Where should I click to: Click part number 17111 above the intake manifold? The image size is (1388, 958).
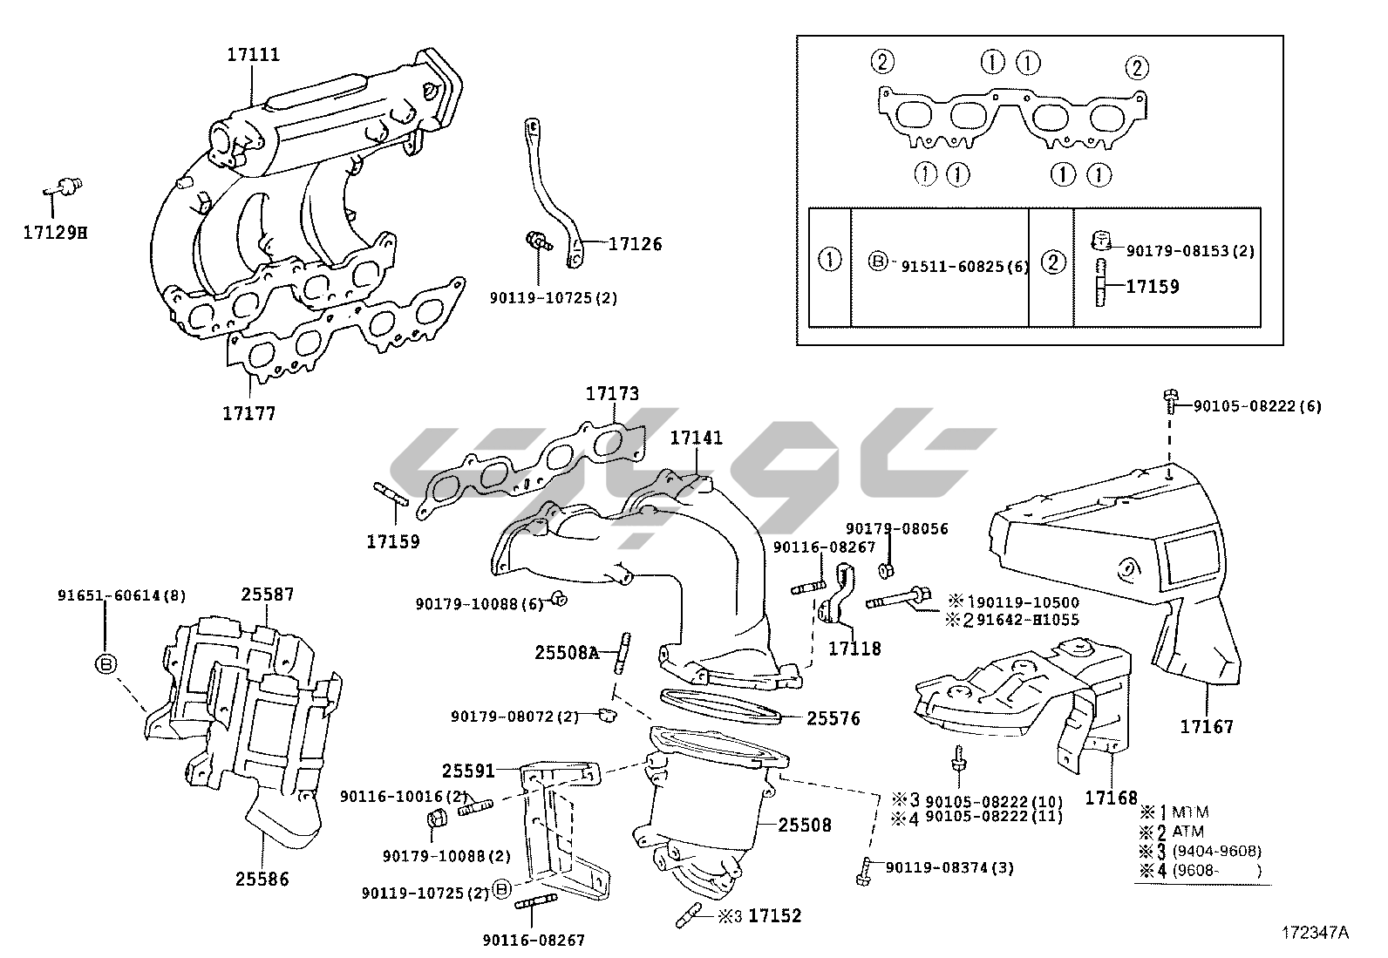(254, 54)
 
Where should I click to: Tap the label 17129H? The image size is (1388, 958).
(55, 233)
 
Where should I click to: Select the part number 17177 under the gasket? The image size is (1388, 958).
(249, 413)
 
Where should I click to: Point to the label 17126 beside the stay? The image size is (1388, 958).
(635, 244)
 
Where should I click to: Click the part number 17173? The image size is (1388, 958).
(612, 394)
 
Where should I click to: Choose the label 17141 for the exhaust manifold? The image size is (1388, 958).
(697, 438)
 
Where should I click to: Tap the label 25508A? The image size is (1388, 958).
(567, 652)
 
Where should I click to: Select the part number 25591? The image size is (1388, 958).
(468, 771)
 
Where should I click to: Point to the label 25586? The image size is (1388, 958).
(262, 879)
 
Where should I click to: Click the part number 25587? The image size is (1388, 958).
(268, 595)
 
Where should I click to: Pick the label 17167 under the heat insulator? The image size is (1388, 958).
(1208, 725)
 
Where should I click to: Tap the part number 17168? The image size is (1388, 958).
(1112, 797)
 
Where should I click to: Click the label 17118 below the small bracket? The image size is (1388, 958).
(854, 649)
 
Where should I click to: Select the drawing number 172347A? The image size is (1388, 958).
(1315, 933)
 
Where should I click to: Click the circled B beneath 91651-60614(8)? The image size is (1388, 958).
(105, 663)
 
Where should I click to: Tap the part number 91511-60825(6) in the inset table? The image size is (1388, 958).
(964, 267)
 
